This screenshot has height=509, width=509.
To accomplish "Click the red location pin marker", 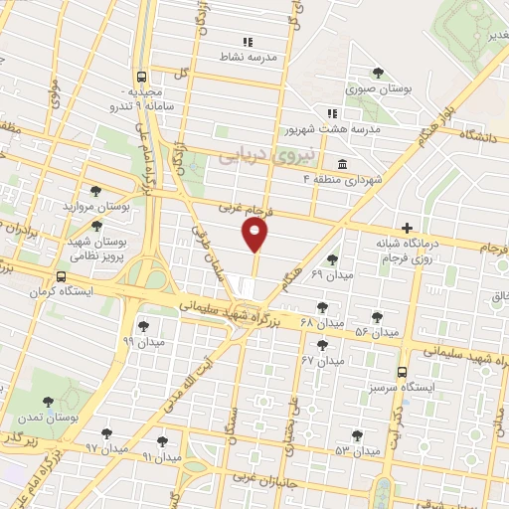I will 255,236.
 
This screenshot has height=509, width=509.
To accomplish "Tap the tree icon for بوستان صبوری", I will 378,72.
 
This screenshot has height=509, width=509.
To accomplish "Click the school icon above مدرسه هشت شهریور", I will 333,112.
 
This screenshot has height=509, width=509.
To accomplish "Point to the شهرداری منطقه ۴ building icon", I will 342,162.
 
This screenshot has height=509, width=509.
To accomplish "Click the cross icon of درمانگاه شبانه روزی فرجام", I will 407,229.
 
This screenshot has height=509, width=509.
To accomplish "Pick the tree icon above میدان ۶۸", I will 321,307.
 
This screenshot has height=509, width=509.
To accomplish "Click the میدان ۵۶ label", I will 378,330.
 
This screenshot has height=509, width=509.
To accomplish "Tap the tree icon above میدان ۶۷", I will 321,345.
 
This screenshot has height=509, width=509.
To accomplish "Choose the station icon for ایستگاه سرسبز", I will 401,371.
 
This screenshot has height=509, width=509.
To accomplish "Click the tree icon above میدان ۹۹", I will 144,324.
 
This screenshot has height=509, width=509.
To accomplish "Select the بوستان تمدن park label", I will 47,419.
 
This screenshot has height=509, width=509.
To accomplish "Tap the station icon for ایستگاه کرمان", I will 63,277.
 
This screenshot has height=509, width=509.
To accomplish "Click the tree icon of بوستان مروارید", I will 95,192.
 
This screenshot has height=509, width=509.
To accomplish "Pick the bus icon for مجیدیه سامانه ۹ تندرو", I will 142,76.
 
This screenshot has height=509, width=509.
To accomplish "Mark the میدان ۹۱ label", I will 161,457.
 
